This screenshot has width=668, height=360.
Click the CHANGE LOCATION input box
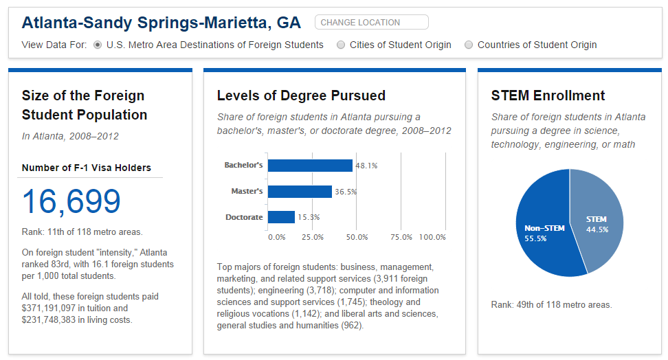point(371,23)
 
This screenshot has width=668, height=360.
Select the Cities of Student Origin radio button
point(342,45)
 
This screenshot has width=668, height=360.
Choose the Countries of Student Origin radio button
point(469,45)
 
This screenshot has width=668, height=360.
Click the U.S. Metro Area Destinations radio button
point(98,45)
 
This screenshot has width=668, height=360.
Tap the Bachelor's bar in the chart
point(310,166)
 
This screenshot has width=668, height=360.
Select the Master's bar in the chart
point(300,192)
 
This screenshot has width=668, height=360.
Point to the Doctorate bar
point(281,217)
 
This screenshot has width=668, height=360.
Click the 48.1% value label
point(366,166)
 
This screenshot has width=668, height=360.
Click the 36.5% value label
point(346,192)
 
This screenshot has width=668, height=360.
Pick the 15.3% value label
point(309,217)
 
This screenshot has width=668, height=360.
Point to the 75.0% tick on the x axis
point(401,237)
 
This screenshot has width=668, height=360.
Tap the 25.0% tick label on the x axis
point(313,237)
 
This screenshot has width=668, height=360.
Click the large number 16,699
point(71,201)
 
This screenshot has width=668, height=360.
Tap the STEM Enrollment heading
point(548,95)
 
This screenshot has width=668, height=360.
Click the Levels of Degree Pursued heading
point(301,95)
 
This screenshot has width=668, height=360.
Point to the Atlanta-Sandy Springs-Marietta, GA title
point(162,23)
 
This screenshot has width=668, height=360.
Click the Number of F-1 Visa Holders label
point(87,168)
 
